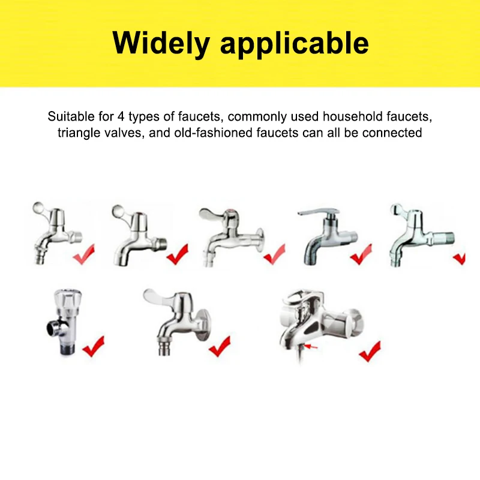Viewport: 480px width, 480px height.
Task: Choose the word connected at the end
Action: coord(394,133)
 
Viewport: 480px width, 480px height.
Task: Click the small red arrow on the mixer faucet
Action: coord(311,347)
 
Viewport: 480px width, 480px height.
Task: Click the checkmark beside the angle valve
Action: coord(93,347)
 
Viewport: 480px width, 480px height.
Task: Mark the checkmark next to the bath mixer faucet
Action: coord(370,351)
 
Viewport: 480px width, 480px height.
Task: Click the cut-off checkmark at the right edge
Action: coord(460,258)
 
